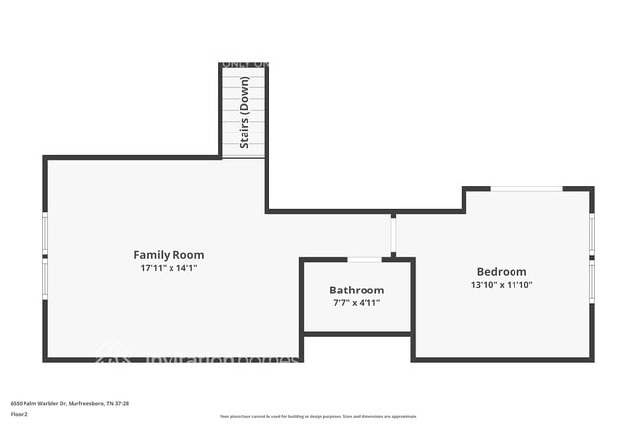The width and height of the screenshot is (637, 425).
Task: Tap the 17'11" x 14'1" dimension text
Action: pyautogui.click(x=169, y=267)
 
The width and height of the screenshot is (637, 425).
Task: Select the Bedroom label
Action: pyautogui.click(x=502, y=272)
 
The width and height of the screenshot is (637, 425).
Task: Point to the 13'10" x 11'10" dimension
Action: pyautogui.click(x=502, y=285)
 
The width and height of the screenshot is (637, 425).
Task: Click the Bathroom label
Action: pyautogui.click(x=357, y=291)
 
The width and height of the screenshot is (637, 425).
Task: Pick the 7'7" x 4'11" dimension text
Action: pyautogui.click(x=357, y=303)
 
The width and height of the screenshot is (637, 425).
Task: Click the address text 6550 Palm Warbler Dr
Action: pyautogui.click(x=44, y=403)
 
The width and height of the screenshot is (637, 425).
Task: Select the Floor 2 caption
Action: pyautogui.click(x=20, y=415)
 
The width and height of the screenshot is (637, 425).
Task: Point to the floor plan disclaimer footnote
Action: pyautogui.click(x=318, y=417)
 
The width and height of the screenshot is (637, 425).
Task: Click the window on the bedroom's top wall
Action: pyautogui.click(x=526, y=188)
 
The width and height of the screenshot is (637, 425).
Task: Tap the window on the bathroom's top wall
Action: pyautogui.click(x=365, y=259)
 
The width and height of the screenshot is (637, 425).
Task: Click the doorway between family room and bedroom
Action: pyautogui.click(x=393, y=236)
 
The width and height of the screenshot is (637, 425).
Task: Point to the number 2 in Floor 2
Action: pyautogui.click(x=26, y=415)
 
